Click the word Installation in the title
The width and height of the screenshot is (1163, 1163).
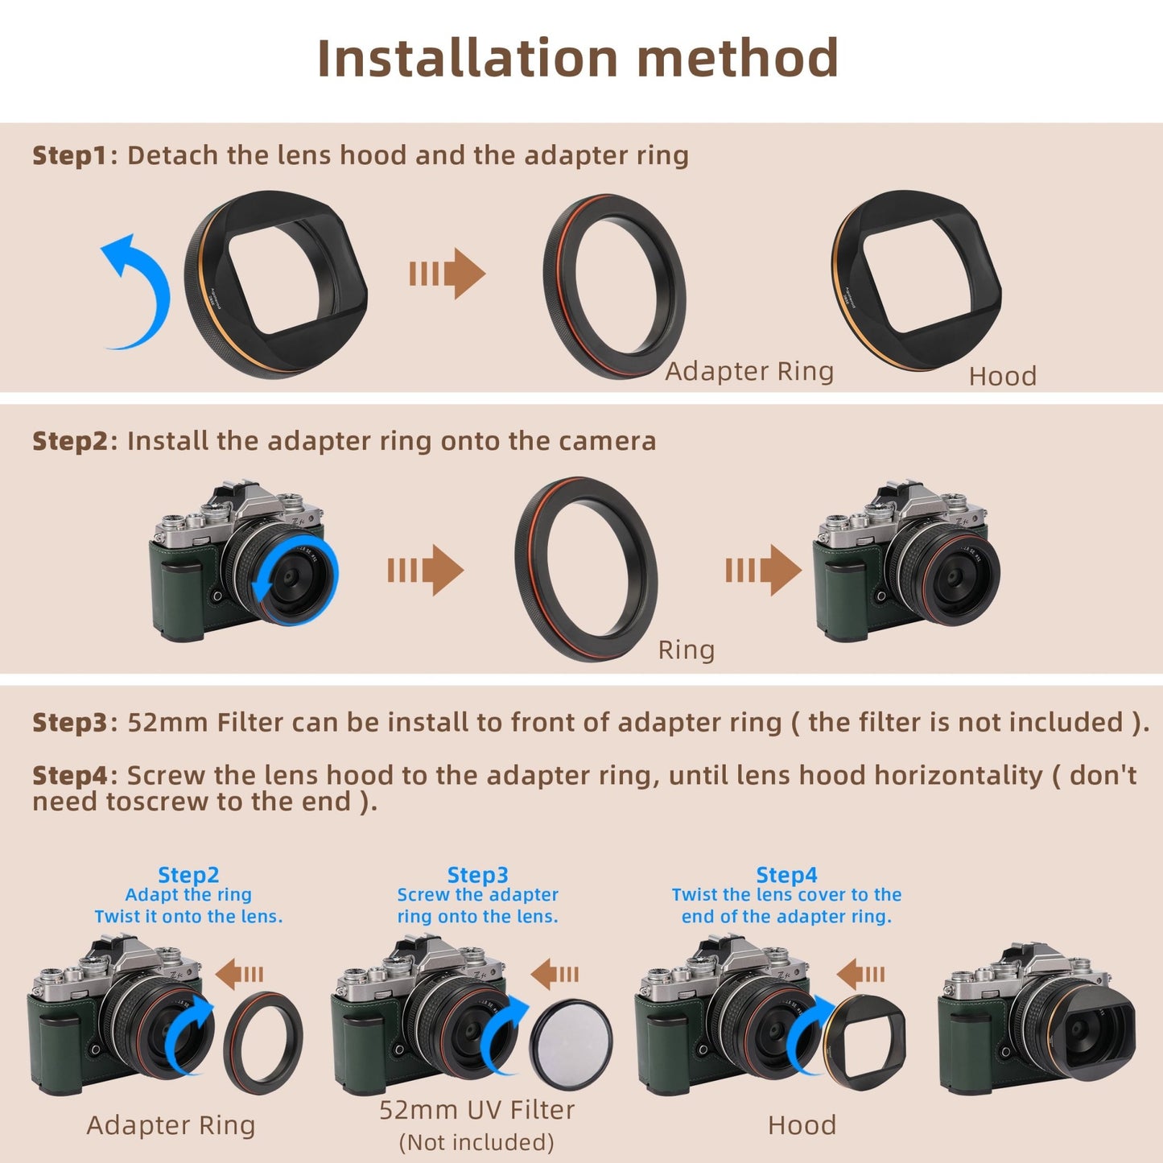click(468, 59)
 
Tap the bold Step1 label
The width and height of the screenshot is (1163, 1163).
click(69, 155)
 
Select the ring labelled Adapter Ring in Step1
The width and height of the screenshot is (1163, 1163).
click(614, 286)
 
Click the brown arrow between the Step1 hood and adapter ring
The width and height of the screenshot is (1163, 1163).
click(447, 274)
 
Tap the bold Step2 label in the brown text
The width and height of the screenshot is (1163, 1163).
click(69, 441)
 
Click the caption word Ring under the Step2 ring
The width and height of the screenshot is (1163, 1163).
click(686, 650)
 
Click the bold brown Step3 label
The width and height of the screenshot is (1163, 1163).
click(69, 723)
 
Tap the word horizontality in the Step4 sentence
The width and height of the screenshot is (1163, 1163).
click(958, 775)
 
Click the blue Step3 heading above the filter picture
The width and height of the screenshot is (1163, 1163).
click(477, 875)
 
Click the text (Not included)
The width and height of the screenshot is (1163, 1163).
click(476, 1142)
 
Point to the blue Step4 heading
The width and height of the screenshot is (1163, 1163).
click(786, 875)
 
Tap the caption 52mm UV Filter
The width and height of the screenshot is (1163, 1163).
click(476, 1110)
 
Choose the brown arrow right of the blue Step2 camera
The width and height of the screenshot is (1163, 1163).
click(241, 974)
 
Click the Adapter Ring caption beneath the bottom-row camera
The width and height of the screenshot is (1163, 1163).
click(171, 1125)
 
